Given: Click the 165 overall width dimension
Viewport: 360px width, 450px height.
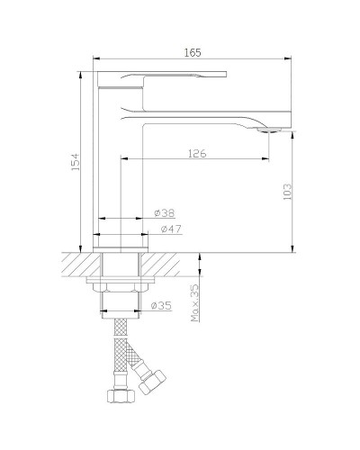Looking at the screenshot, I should [192, 54].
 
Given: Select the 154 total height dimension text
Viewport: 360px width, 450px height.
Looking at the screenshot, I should [76, 161].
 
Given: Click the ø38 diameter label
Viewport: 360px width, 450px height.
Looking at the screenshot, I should [163, 213].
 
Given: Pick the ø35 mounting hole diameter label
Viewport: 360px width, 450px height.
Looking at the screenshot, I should [161, 306].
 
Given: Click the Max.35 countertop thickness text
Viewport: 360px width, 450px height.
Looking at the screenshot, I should [193, 304].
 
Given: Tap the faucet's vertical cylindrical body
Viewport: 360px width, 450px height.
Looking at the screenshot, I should [120, 180].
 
